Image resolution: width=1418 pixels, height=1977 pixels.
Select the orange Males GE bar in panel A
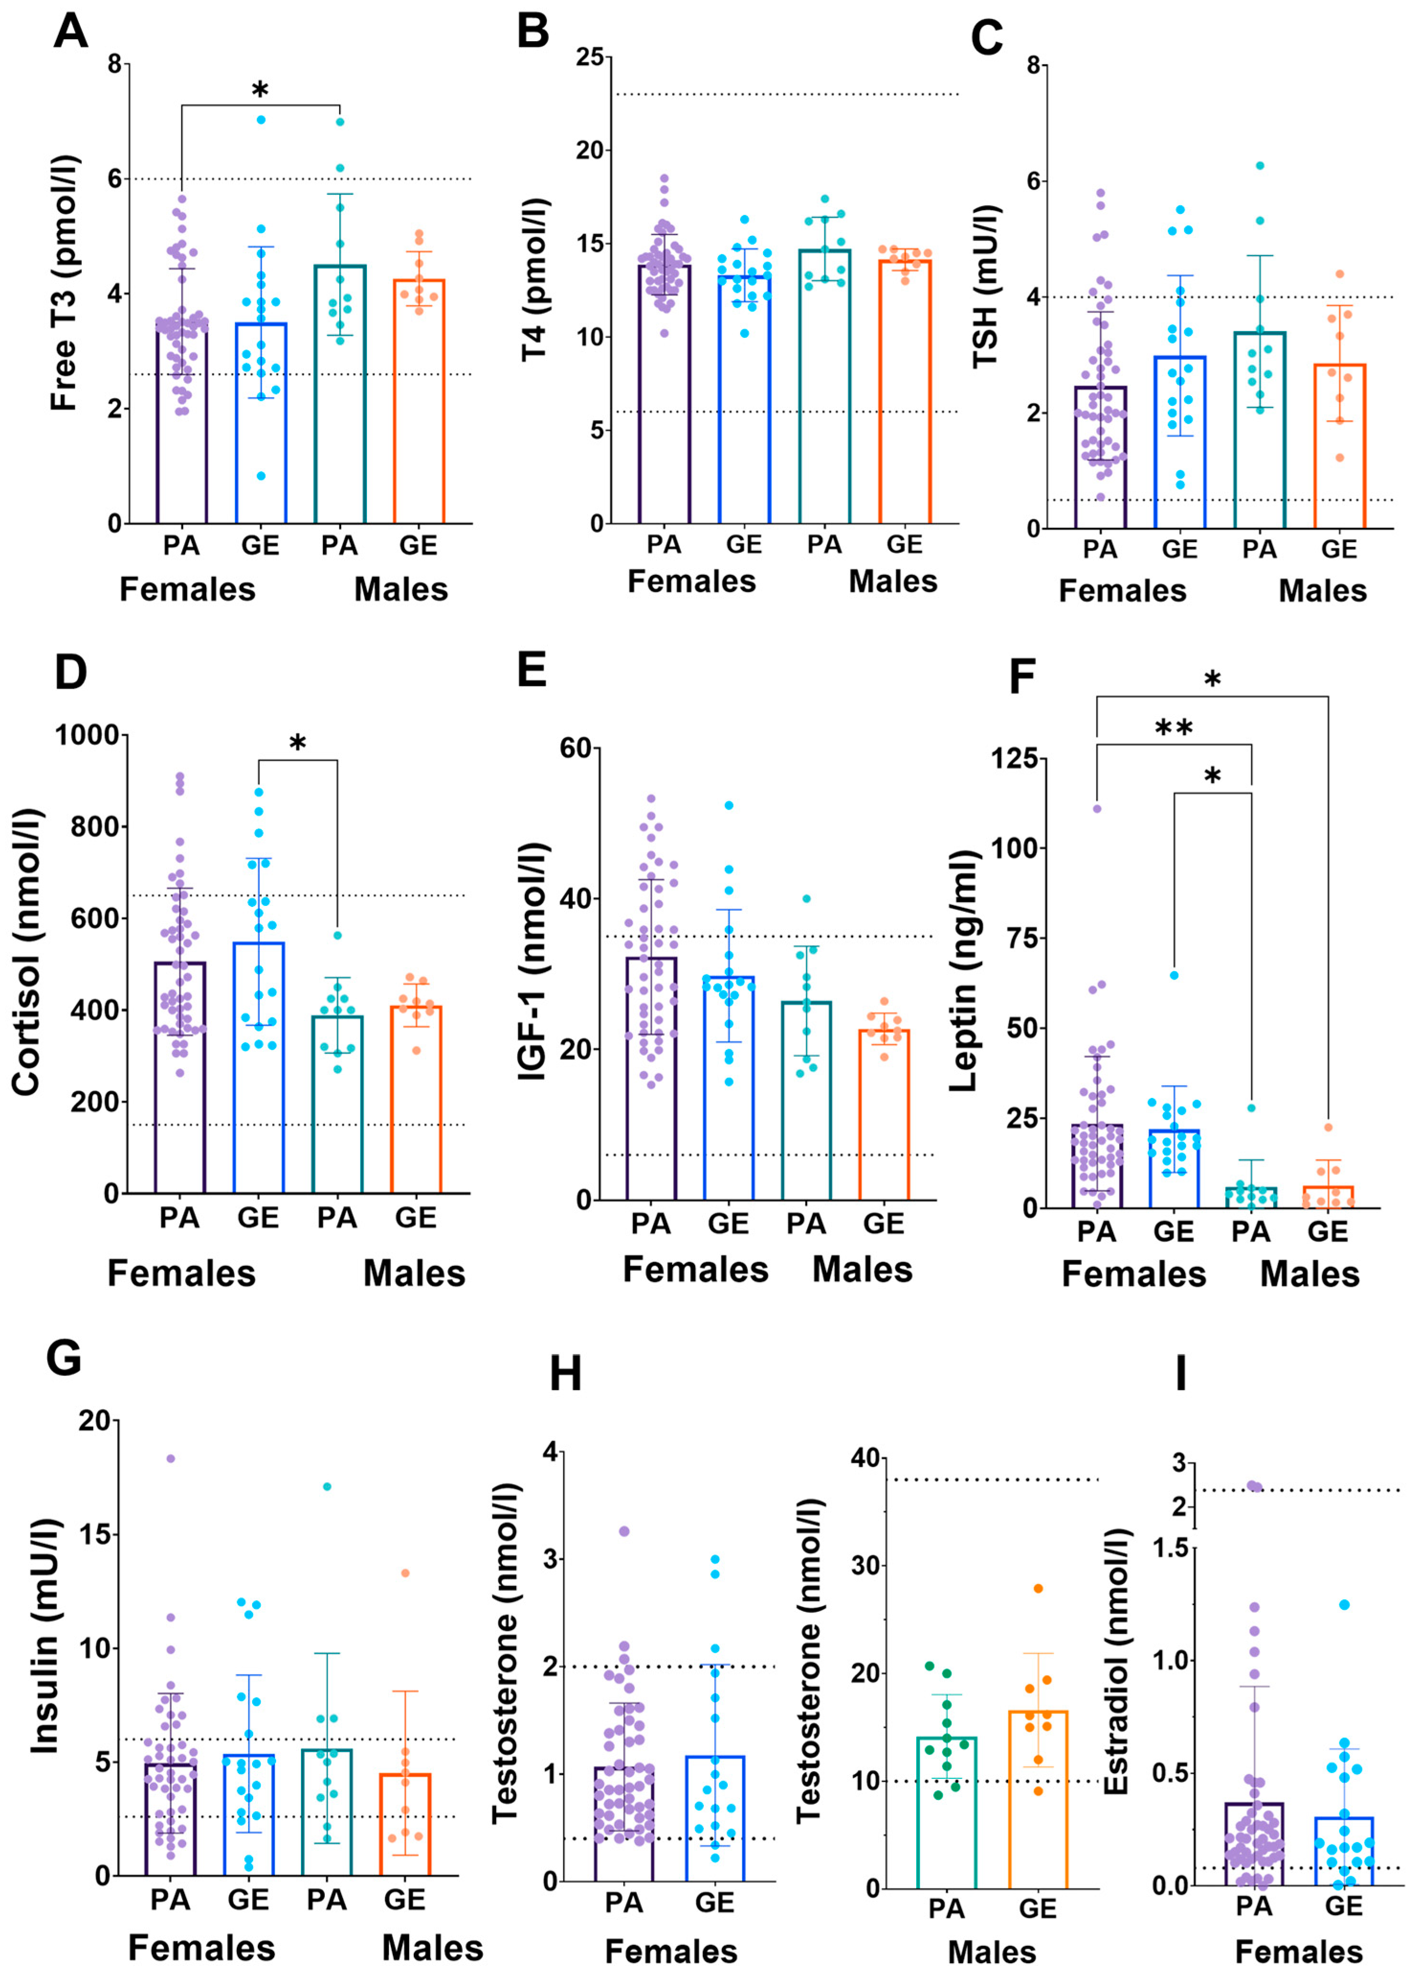click(x=418, y=401)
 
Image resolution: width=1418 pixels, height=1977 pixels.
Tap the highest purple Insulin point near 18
click(x=171, y=1458)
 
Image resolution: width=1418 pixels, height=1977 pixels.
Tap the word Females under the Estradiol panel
click(x=1298, y=1952)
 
